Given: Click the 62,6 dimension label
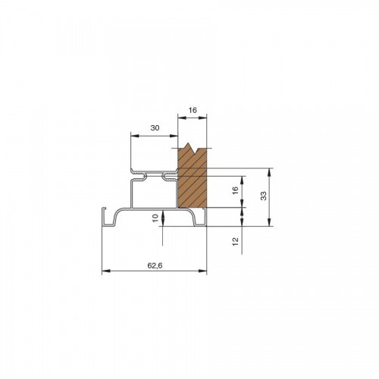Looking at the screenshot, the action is pos(155,265).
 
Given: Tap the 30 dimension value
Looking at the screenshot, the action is pos(155,128).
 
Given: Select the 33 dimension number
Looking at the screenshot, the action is pos(264,196).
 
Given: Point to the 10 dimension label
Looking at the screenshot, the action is pos(155,218).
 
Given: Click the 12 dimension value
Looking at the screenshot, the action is pos(235,242).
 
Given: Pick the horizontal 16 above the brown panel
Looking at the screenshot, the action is pos(193,110).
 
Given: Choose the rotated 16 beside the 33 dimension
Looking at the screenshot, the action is pos(235,190).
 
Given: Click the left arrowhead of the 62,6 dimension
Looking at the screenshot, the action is pos(105,271).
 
